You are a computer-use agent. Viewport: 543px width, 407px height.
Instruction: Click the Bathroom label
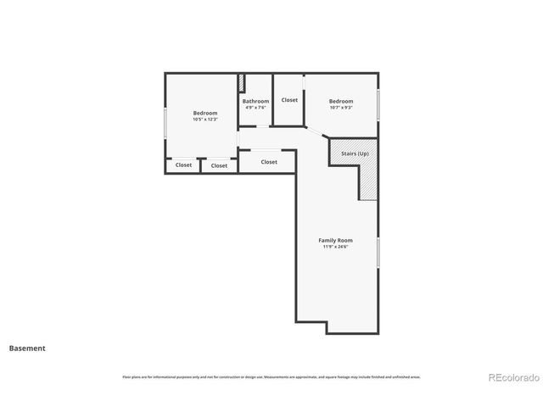[255, 101]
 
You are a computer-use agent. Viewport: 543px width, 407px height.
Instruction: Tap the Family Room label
[336, 240]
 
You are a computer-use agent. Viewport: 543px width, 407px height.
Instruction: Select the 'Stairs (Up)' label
[355, 153]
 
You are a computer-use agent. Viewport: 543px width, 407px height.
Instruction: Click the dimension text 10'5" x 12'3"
[205, 120]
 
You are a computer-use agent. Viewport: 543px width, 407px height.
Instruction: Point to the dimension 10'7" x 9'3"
[341, 108]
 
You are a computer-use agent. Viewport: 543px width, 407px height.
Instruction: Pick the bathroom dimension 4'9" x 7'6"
[255, 108]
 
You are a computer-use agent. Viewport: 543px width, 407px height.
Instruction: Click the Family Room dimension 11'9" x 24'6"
[336, 247]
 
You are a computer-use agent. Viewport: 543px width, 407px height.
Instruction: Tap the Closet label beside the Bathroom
[289, 100]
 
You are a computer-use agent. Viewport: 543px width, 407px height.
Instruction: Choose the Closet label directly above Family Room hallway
[269, 162]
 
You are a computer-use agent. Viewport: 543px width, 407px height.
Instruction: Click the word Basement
[27, 348]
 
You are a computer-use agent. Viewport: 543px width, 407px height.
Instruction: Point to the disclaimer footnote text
[271, 376]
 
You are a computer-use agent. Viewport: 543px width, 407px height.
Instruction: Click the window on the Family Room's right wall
[378, 252]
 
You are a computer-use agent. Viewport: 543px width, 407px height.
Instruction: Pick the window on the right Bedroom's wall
[378, 103]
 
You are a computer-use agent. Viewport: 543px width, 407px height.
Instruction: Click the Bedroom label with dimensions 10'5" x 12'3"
[205, 113]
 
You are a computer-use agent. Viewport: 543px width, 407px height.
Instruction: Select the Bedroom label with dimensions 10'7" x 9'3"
[341, 101]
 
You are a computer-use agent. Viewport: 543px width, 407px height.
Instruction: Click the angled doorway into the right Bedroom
[314, 133]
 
